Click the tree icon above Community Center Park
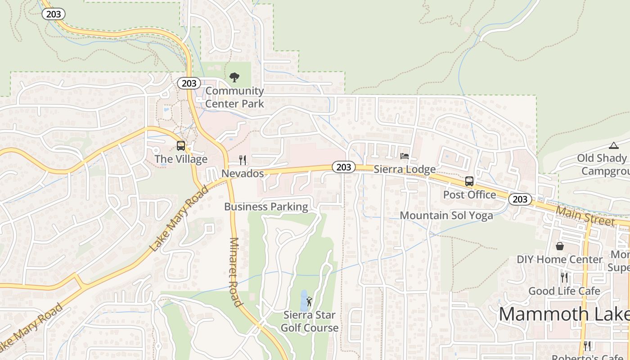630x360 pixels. click(x=234, y=77)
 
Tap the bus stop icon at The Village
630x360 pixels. click(x=180, y=146)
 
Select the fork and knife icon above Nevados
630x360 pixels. click(x=243, y=160)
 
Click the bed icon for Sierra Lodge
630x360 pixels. click(x=405, y=156)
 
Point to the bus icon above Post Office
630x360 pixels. click(x=469, y=181)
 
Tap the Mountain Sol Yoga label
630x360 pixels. click(x=446, y=216)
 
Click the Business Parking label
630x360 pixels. click(x=266, y=207)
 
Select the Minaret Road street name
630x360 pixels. click(x=235, y=272)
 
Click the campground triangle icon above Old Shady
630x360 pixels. click(x=613, y=145)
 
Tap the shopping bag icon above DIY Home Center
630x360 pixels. click(x=560, y=246)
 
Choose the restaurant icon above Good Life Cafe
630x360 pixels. click(x=564, y=277)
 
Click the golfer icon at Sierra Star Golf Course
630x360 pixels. click(x=309, y=301)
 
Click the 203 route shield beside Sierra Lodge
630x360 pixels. click(x=344, y=167)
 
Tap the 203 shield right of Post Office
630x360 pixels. click(x=520, y=199)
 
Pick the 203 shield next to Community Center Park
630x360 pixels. click(x=189, y=83)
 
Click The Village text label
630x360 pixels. click(x=181, y=159)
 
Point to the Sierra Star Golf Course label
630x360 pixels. click(x=310, y=321)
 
